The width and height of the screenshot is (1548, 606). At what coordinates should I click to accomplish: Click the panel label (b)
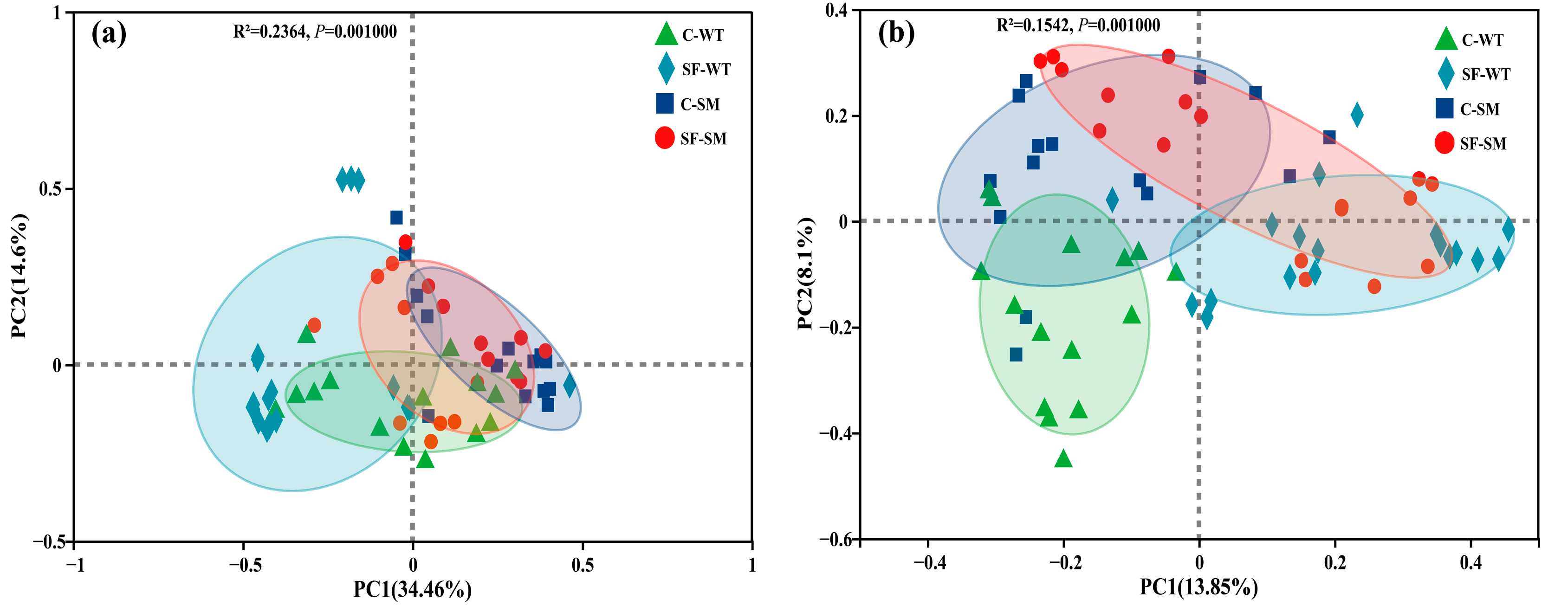[896, 32]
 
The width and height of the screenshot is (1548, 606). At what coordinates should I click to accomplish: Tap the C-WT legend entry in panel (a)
[691, 35]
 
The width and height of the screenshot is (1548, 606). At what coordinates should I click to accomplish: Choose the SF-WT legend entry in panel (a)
[694, 69]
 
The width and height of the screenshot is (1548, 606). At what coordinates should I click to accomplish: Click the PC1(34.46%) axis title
[412, 590]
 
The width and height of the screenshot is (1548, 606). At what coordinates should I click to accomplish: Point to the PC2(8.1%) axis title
[805, 273]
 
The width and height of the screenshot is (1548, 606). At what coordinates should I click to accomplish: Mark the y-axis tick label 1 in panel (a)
[58, 13]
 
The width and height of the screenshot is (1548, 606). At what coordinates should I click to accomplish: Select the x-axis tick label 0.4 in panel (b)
[1470, 563]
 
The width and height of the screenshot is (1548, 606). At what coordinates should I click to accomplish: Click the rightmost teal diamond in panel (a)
[570, 386]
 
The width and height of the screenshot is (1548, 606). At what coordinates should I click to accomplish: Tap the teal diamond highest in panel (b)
[1357, 114]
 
